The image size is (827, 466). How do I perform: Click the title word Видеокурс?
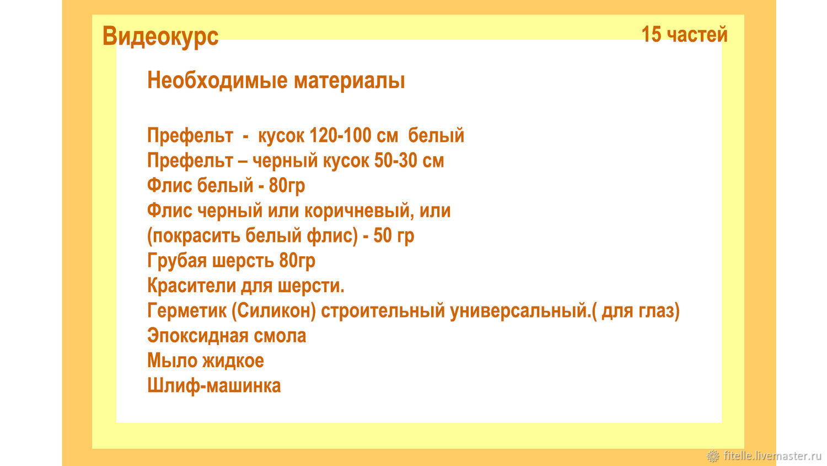click(x=160, y=36)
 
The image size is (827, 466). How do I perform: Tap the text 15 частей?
click(x=684, y=34)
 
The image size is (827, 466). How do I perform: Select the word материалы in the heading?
click(x=349, y=81)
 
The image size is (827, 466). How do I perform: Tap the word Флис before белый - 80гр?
click(x=169, y=186)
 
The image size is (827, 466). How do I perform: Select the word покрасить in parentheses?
click(x=194, y=236)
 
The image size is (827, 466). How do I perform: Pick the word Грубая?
click(x=177, y=261)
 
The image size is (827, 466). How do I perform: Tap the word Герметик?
click(x=186, y=310)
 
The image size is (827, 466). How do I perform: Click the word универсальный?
click(x=520, y=311)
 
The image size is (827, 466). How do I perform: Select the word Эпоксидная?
click(x=192, y=336)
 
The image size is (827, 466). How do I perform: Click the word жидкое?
click(x=233, y=361)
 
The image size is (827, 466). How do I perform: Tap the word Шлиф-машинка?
click(x=214, y=386)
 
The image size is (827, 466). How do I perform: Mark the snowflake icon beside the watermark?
click(x=713, y=456)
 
